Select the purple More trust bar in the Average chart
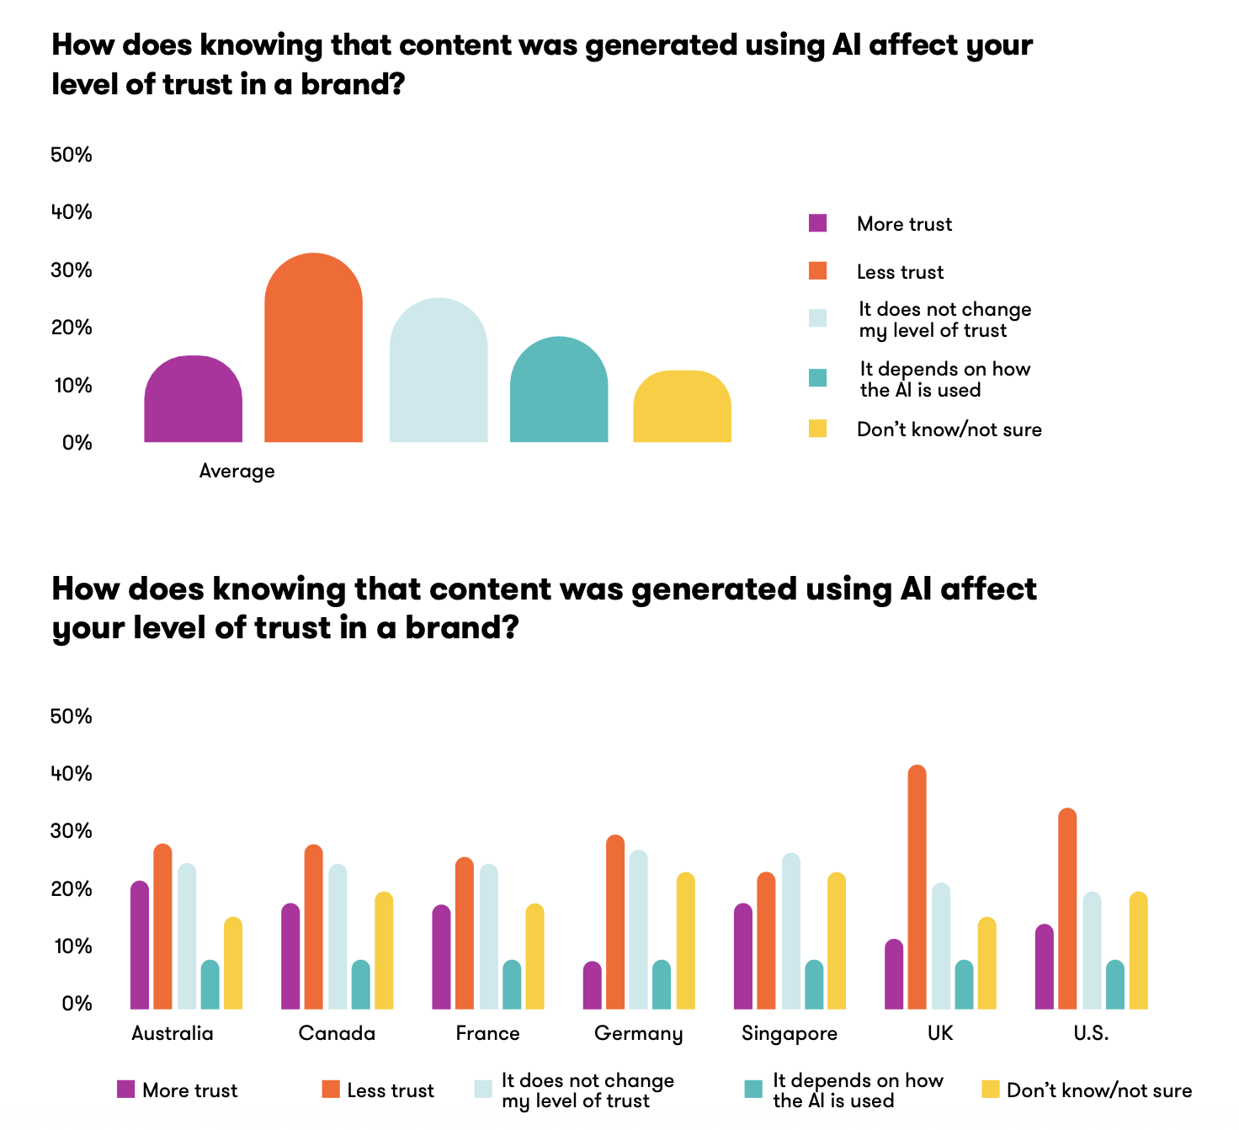193,400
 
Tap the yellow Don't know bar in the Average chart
682,408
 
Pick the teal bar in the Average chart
559,391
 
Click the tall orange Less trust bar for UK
917,888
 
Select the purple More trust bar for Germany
592,986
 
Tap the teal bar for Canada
360,985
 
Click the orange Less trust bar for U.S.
1067,909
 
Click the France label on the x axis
487,1033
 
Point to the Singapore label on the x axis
790,1033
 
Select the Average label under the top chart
237,471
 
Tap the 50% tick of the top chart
72,155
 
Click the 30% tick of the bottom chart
72,831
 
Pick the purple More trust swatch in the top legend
817,223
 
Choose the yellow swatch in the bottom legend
991,1090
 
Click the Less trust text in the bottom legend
391,1090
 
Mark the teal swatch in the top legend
817,378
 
